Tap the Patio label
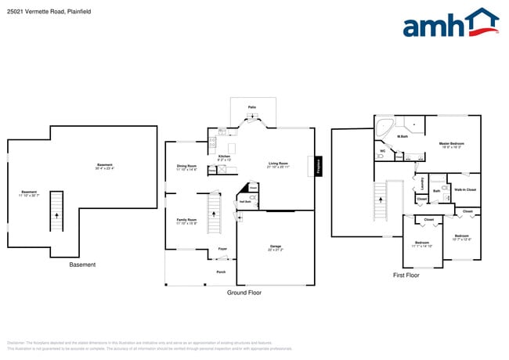(x=252, y=106)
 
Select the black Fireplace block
(x=318, y=166)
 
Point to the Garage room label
(x=276, y=247)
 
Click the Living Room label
(x=279, y=164)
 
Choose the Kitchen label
(x=224, y=157)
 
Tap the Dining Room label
(x=186, y=166)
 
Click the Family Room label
(x=186, y=220)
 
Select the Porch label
(x=221, y=272)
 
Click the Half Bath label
(x=244, y=202)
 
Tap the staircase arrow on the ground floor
(x=212, y=212)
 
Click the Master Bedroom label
(x=452, y=144)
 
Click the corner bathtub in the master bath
(x=384, y=128)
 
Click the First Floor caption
(x=406, y=275)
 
